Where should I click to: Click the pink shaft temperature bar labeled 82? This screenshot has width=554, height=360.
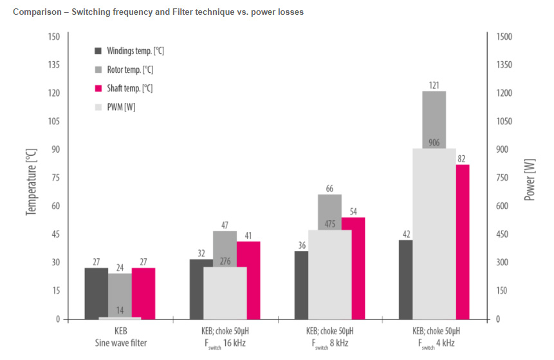pyautogui.click(x=462, y=242)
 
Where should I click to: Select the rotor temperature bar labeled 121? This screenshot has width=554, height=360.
pyautogui.click(x=434, y=119)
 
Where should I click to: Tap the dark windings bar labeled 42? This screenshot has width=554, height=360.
pyautogui.click(x=405, y=279)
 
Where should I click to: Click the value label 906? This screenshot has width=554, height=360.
pyautogui.click(x=434, y=143)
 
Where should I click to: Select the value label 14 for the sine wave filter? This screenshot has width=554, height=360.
pyautogui.click(x=120, y=310)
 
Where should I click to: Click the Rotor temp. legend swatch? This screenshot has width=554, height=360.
pyautogui.click(x=98, y=69)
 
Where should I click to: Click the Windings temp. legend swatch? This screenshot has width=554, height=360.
pyautogui.click(x=98, y=50)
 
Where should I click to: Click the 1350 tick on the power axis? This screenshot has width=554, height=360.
pyautogui.click(x=503, y=64)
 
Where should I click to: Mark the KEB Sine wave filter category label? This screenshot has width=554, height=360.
pyautogui.click(x=120, y=337)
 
